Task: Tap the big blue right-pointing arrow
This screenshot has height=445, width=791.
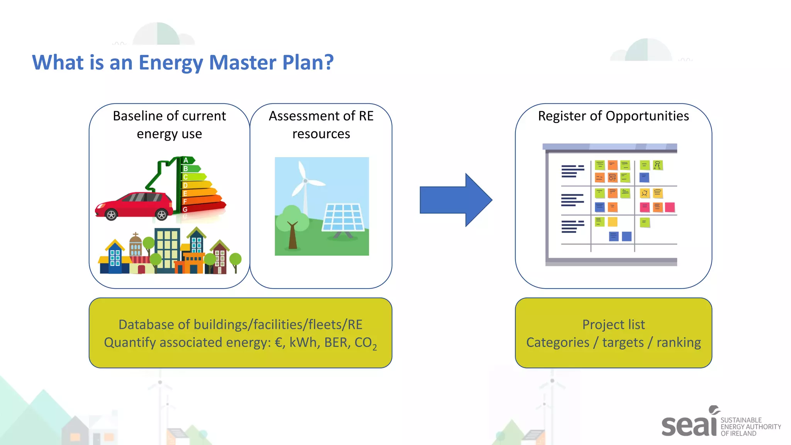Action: [x=456, y=200]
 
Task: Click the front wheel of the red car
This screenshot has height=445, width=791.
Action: [x=111, y=215]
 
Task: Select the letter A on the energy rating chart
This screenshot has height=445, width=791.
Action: [x=186, y=160]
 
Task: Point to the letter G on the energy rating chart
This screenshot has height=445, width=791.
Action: [x=185, y=209]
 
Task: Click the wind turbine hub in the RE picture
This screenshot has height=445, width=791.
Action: [x=305, y=181]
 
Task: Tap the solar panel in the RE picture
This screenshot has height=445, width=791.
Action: [x=343, y=218]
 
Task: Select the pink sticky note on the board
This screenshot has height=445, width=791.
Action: [x=670, y=207]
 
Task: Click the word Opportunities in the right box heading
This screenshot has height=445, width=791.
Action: [x=647, y=116]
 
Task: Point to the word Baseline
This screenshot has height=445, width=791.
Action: [x=138, y=116]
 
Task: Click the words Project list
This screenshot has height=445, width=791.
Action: [x=613, y=324]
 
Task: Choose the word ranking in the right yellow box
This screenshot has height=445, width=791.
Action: [x=679, y=343]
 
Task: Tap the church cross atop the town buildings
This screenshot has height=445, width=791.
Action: [x=135, y=235]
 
